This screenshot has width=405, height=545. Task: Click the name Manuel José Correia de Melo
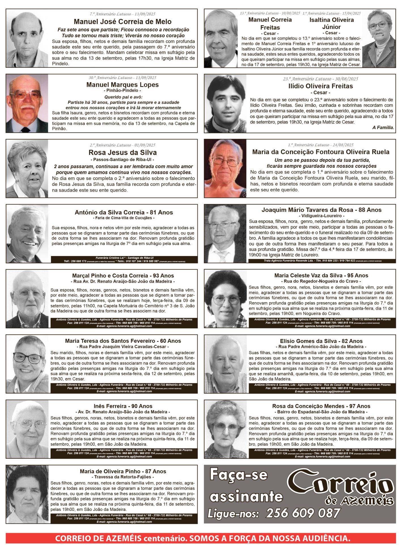(x=122, y=22)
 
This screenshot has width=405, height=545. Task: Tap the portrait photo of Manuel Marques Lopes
(x=27, y=103)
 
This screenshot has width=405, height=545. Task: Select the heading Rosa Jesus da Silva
(x=122, y=152)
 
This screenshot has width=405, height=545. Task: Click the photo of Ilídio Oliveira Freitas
(x=225, y=104)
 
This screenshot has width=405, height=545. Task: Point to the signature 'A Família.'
(x=383, y=128)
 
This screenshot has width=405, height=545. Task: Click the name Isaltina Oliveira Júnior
(x=331, y=23)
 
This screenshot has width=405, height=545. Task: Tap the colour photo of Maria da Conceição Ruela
(x=225, y=168)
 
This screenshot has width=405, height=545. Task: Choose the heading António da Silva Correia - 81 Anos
(x=124, y=212)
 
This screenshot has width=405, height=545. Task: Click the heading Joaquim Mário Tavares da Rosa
(x=321, y=210)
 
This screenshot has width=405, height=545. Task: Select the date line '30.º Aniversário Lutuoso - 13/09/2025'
(x=122, y=77)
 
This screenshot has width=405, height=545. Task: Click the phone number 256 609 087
(x=303, y=513)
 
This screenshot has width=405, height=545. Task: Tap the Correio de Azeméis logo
(x=340, y=487)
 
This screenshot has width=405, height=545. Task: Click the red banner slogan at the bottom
(x=202, y=538)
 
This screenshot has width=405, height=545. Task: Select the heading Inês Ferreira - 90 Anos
(x=123, y=406)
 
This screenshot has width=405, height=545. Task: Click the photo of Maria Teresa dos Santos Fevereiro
(x=27, y=364)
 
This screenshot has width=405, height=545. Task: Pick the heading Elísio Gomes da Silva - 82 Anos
(x=321, y=341)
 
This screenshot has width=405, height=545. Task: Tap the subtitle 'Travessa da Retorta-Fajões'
(x=123, y=477)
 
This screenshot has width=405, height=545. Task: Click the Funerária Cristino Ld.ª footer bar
(x=124, y=259)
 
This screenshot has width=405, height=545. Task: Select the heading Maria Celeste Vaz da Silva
(x=321, y=275)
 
